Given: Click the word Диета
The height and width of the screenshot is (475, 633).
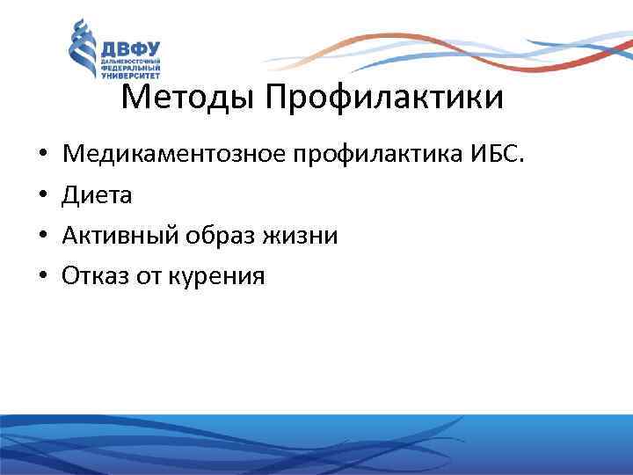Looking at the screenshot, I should [97, 195].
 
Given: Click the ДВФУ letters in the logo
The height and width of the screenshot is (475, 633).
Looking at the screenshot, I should [133, 49].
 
